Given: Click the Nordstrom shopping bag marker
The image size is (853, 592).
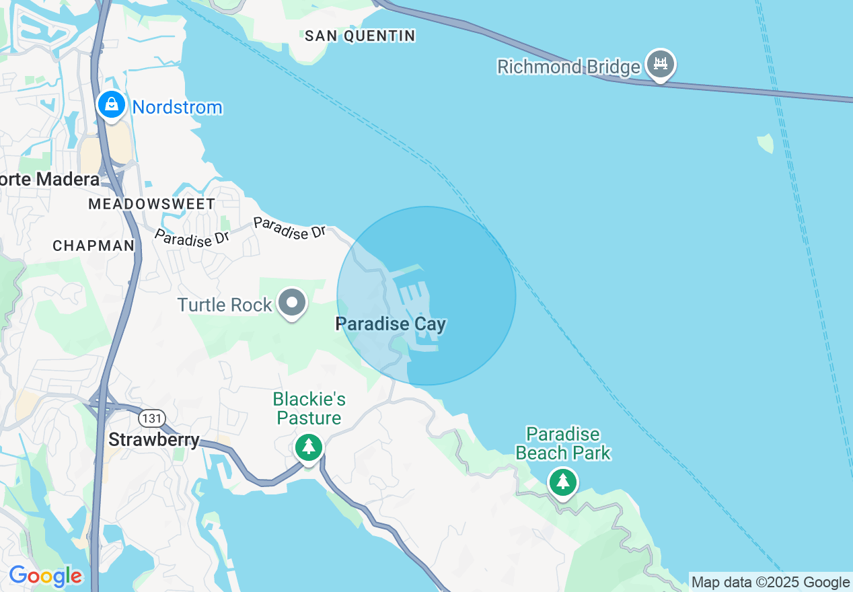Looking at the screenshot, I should pyautogui.click(x=112, y=105).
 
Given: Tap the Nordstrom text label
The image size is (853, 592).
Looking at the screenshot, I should pyautogui.click(x=177, y=108).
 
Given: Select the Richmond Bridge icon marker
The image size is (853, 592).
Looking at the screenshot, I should pyautogui.click(x=661, y=65).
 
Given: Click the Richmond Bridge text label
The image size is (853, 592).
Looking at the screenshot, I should pyautogui.click(x=568, y=67).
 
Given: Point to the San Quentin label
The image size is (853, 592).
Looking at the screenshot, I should pyautogui.click(x=360, y=36).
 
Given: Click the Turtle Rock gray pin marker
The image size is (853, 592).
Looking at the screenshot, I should pyautogui.click(x=292, y=302).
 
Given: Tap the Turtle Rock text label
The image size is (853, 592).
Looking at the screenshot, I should pyautogui.click(x=225, y=305).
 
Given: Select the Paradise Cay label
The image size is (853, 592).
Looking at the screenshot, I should pyautogui.click(x=390, y=324).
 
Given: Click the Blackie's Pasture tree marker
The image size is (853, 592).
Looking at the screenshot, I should pyautogui.click(x=309, y=447).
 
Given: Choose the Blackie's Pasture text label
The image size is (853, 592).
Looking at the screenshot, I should pyautogui.click(x=309, y=408).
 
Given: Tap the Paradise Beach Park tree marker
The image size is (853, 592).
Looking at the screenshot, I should pyautogui.click(x=563, y=482).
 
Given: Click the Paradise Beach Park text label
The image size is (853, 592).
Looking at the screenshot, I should pyautogui.click(x=563, y=443).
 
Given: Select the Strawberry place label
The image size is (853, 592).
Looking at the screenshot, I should pyautogui.click(x=154, y=440).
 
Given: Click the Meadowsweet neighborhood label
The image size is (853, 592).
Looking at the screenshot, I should pyautogui.click(x=152, y=204).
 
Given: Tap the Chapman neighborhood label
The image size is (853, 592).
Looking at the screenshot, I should pyautogui.click(x=94, y=246).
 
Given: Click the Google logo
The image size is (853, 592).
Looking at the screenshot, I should pyautogui.click(x=46, y=577).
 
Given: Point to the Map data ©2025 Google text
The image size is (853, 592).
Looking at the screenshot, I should pyautogui.click(x=770, y=582).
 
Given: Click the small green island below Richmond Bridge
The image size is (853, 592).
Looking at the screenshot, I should pyautogui.click(x=766, y=143).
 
